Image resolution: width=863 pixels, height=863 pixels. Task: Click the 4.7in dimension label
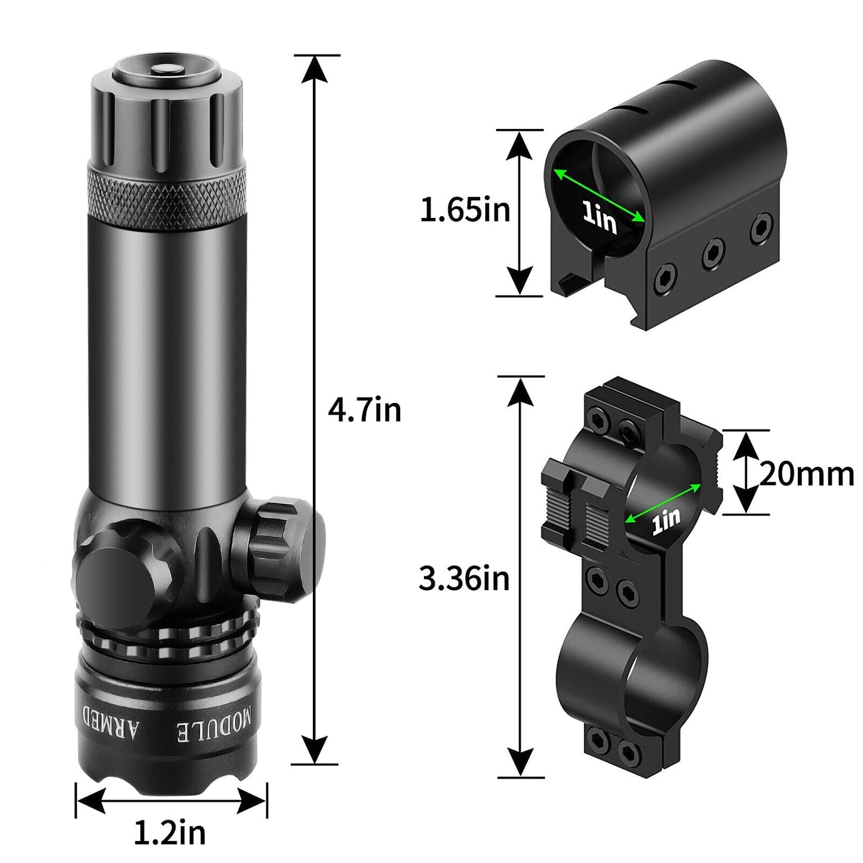pyautogui.click(x=364, y=410)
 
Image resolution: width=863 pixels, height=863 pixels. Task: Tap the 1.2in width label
pyautogui.click(x=170, y=833)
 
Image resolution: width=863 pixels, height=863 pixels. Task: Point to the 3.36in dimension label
pyautogui.click(x=464, y=578)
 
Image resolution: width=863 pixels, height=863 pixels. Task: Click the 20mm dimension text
pyautogui.click(x=806, y=475)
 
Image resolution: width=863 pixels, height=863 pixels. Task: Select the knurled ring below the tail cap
pyautogui.click(x=167, y=189)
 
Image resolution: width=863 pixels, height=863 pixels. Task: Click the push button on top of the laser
pyautogui.click(x=167, y=70)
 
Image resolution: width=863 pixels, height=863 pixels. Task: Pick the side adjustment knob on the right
pyautogui.click(x=285, y=548)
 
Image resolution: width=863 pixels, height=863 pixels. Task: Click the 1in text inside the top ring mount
pyautogui.click(x=600, y=219)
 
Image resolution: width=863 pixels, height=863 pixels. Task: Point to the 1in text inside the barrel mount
pyautogui.click(x=665, y=521)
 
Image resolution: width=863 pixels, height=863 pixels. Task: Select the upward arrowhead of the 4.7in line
pyautogui.click(x=315, y=69)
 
